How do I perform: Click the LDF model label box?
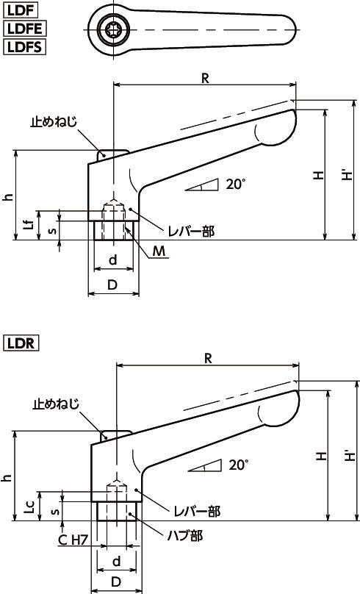click(21, 10)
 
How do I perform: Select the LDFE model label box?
click(24, 29)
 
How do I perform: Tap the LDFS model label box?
click(24, 47)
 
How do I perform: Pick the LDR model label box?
click(21, 343)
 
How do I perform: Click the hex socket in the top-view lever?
click(114, 29)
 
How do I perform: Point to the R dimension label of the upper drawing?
click(205, 78)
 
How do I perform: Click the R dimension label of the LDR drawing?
click(208, 358)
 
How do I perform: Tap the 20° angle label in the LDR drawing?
click(239, 465)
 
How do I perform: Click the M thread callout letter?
click(159, 251)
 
